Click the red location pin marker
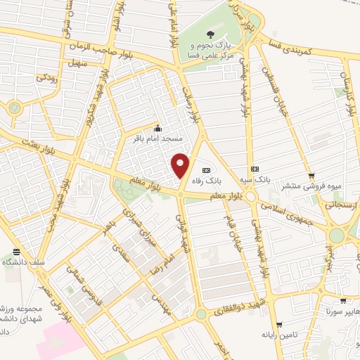point(181,165)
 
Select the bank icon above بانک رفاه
point(206,169)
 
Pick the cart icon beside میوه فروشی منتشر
point(311,176)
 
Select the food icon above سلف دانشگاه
point(16,252)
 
